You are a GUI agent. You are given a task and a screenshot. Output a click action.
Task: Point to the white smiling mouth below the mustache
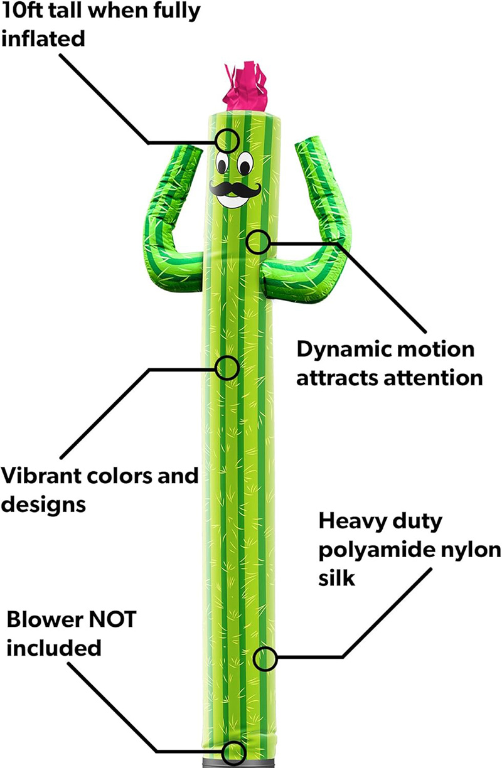[x=233, y=200]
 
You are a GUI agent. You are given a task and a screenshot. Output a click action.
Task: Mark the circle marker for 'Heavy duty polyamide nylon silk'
[x=264, y=658]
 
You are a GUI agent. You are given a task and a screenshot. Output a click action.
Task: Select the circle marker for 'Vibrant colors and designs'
[x=227, y=368]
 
